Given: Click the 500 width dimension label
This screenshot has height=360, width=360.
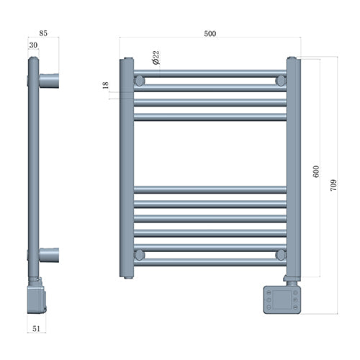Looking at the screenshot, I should point(210,33).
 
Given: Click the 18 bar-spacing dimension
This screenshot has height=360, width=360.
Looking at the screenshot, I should point(106,85).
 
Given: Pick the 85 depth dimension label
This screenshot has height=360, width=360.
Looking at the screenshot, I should point(44,32).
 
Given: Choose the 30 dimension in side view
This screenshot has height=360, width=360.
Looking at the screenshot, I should point(33,45).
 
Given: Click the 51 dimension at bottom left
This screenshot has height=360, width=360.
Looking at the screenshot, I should point(36,328).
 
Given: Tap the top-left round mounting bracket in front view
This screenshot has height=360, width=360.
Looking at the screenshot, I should point(140,81).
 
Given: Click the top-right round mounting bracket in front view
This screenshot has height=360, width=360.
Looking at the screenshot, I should point(280,81).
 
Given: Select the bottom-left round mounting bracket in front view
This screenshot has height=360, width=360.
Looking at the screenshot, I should point(140,255).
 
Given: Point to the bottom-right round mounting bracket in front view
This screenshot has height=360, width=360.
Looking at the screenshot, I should point(280,255).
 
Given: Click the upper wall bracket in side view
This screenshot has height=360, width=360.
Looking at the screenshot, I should point(48,81).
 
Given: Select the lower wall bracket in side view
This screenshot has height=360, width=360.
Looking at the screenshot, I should point(48,254).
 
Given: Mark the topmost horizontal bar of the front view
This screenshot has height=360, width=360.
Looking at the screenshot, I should point(210,73).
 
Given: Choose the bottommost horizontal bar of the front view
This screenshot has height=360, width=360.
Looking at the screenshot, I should point(210,263).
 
